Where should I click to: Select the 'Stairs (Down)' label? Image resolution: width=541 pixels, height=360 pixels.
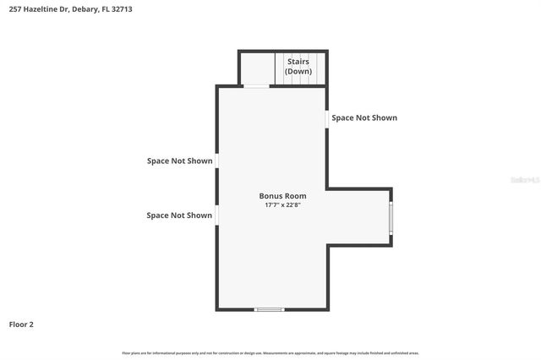pos(298,67)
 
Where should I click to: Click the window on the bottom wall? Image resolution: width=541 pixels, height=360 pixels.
pos(270,309)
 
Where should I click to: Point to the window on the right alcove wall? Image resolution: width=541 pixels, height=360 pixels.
pos(390,216)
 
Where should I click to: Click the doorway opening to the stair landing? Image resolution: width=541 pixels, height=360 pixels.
pos(257,85)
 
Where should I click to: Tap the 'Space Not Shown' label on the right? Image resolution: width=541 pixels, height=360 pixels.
pos(364,118)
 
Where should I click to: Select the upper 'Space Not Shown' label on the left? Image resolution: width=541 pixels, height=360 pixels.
pos(179,161)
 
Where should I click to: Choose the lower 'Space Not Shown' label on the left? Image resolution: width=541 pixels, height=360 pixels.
pos(179,215)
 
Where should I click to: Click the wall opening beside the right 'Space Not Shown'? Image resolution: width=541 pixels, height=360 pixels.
pos(327,119)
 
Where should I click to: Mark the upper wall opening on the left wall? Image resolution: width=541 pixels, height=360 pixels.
pos(217,161)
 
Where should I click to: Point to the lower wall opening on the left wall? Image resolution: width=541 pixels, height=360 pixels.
pos(217,215)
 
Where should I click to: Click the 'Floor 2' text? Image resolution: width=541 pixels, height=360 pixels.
pos(21,325)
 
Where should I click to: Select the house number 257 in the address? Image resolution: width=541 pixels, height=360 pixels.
pos(15,9)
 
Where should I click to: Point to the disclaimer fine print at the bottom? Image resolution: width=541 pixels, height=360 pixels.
pos(270,353)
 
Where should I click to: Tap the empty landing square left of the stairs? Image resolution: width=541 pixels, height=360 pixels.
pos(257,68)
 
